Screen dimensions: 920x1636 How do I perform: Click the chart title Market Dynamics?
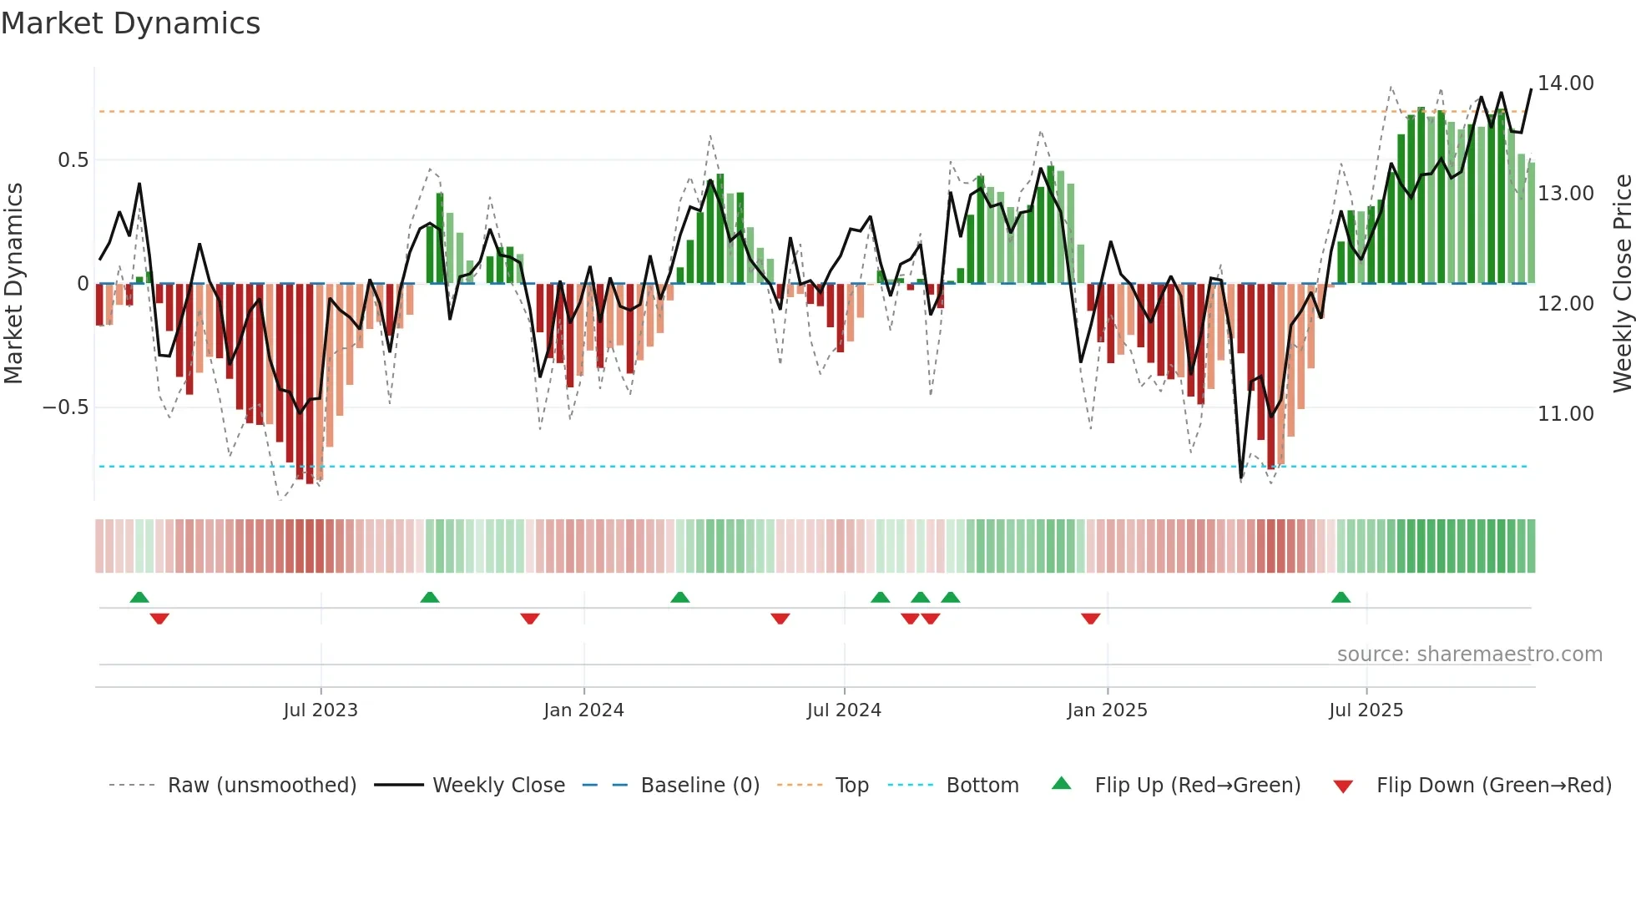point(131,23)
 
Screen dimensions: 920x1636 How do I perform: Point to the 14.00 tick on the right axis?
point(1565,83)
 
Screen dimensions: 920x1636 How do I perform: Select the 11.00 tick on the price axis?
point(1565,414)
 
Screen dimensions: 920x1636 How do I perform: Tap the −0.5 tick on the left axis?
point(65,407)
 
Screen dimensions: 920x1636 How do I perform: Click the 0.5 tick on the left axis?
point(73,160)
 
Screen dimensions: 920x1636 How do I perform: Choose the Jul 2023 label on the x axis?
point(321,710)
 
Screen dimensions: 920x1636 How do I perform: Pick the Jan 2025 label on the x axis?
point(1107,710)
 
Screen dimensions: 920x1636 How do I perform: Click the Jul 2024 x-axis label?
point(844,710)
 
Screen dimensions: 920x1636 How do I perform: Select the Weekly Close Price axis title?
point(1622,284)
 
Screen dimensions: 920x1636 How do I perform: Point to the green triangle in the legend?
point(1061,783)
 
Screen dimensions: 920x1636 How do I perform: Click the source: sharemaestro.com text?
point(1469,655)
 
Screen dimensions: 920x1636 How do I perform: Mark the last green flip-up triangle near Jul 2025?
point(1341,597)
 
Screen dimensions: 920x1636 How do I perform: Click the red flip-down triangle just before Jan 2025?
point(1090,619)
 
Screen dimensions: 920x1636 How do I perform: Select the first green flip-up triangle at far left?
point(139,597)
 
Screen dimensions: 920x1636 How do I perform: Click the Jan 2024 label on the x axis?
point(583,710)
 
